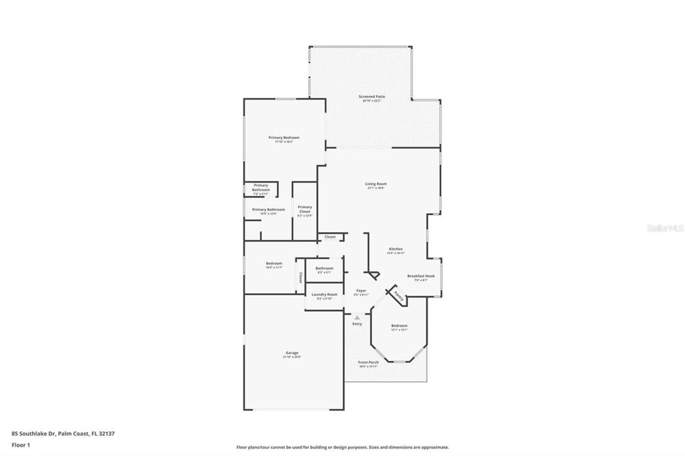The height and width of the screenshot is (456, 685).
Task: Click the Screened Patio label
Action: coord(372,97)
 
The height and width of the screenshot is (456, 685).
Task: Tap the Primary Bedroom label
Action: coord(284,138)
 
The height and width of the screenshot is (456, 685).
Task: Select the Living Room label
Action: coord(376,184)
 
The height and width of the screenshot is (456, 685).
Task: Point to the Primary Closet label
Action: coord(305,209)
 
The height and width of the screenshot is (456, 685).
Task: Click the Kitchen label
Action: coord(396,249)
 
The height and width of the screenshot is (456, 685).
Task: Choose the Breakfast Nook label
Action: coord(421,276)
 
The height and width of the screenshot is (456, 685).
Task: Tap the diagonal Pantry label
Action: coord(399,296)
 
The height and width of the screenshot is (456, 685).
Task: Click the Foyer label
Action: coord(361,291)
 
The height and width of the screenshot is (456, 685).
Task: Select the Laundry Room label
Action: coord(324,294)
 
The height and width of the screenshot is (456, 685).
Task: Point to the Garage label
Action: coord(292,353)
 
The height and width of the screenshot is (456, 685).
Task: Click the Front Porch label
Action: coord(368,362)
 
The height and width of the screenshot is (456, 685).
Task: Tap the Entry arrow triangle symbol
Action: coord(357,318)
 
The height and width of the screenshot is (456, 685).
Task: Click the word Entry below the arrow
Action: coord(357,324)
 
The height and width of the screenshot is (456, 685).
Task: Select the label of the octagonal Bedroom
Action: coord(399,326)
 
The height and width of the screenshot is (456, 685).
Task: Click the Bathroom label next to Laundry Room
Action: coord(324,268)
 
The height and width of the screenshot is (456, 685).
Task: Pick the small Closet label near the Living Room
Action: coord(330,237)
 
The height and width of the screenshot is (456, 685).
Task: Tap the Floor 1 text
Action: coord(21,445)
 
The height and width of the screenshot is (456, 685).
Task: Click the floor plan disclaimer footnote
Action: coord(342,447)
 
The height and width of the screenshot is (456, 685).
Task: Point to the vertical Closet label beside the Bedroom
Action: coord(301,277)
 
